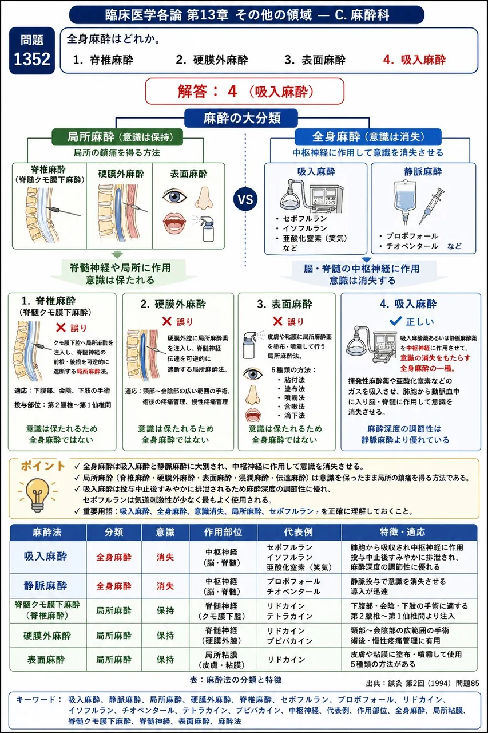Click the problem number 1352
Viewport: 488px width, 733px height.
[x=32, y=59]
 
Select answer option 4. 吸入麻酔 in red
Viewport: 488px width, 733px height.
[x=414, y=60]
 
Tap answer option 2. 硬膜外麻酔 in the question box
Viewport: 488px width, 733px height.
[x=212, y=60]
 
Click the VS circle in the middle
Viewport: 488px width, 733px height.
[x=245, y=199]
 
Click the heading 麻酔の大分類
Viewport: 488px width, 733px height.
[x=241, y=118]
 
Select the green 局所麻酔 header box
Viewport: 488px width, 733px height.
[x=117, y=137]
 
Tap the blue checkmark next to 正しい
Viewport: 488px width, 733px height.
[x=395, y=321]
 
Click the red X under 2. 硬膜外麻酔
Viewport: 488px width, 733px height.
[x=166, y=321]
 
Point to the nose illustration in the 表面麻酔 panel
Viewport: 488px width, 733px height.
[x=204, y=198]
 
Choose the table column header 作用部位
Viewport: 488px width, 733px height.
[x=223, y=533]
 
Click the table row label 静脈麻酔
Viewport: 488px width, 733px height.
[x=45, y=585]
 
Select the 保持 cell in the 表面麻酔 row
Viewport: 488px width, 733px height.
[x=165, y=659]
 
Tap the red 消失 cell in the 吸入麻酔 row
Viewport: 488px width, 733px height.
[x=165, y=557]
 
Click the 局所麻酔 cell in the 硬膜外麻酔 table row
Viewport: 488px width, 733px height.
[x=114, y=635]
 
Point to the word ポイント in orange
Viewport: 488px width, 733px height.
[x=43, y=466]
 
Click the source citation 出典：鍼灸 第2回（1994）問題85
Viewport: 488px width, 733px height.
[x=422, y=683]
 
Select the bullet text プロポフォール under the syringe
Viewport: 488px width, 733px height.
[x=412, y=236]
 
